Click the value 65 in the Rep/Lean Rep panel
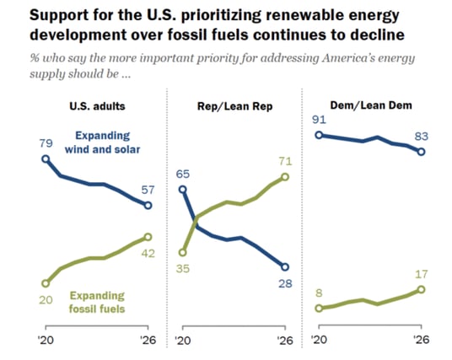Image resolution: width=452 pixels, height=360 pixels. [x=183, y=174]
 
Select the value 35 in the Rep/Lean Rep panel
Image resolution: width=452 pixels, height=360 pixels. [x=183, y=268]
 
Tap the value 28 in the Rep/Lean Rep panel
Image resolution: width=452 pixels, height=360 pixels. [x=284, y=284]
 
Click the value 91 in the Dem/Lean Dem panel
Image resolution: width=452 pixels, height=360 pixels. [x=319, y=118]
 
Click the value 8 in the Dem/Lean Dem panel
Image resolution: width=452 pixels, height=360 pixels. [x=319, y=292]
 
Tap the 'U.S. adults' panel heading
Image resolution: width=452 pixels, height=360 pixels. [x=98, y=105]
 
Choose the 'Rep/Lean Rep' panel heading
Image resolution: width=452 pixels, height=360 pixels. [x=234, y=105]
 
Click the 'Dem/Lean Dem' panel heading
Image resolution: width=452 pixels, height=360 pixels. [x=369, y=105]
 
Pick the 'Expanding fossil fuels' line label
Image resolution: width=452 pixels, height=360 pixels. [x=97, y=302]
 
